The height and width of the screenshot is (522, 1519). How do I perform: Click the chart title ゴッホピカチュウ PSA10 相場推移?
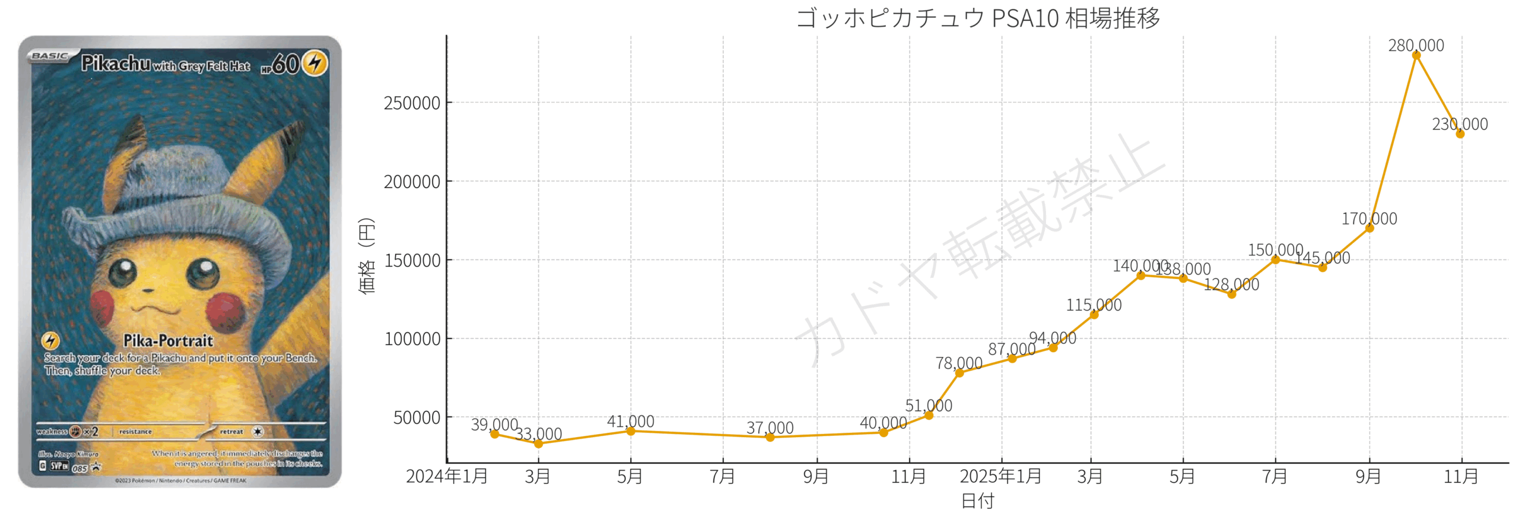tap(977, 18)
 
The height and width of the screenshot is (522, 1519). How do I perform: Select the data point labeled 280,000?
tap(1416, 55)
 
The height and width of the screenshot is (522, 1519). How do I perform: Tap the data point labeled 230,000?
tap(1460, 134)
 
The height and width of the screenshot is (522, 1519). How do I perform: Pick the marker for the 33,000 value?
tap(538, 444)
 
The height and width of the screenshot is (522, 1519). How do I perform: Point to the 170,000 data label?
tap(1369, 219)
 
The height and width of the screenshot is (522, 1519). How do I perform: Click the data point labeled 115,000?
tap(1094, 315)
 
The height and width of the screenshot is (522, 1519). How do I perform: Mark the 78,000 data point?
tap(959, 373)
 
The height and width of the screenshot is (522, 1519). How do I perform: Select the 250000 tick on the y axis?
tap(412, 103)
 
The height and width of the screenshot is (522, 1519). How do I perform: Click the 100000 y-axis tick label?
tap(412, 339)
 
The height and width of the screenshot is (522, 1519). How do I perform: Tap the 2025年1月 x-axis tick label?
tap(1000, 476)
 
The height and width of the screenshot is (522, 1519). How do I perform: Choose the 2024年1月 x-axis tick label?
tap(447, 476)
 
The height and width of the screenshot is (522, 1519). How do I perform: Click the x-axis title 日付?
tap(977, 501)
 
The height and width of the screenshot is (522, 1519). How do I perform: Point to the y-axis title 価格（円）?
tap(367, 255)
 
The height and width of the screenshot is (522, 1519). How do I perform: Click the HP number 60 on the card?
tap(285, 64)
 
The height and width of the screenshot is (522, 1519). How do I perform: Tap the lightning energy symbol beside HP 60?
tap(315, 62)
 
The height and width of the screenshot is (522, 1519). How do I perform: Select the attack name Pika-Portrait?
tap(168, 340)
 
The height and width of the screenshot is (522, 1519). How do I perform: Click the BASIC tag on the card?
tap(50, 56)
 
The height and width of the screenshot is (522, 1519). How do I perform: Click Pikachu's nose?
tap(148, 290)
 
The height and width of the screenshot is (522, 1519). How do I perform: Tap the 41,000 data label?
tap(630, 421)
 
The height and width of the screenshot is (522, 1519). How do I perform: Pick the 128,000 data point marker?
tap(1231, 294)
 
